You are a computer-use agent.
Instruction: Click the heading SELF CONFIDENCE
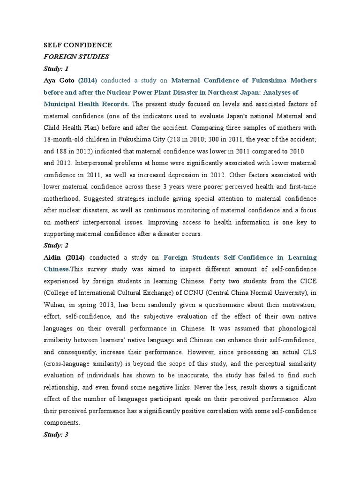click(77, 45)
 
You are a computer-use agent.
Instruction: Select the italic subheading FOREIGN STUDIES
click(76, 57)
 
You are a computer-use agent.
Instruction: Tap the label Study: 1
click(56, 68)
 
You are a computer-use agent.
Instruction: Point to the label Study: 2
click(56, 245)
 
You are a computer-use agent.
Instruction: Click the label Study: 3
click(56, 435)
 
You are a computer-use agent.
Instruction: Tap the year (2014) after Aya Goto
click(87, 81)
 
